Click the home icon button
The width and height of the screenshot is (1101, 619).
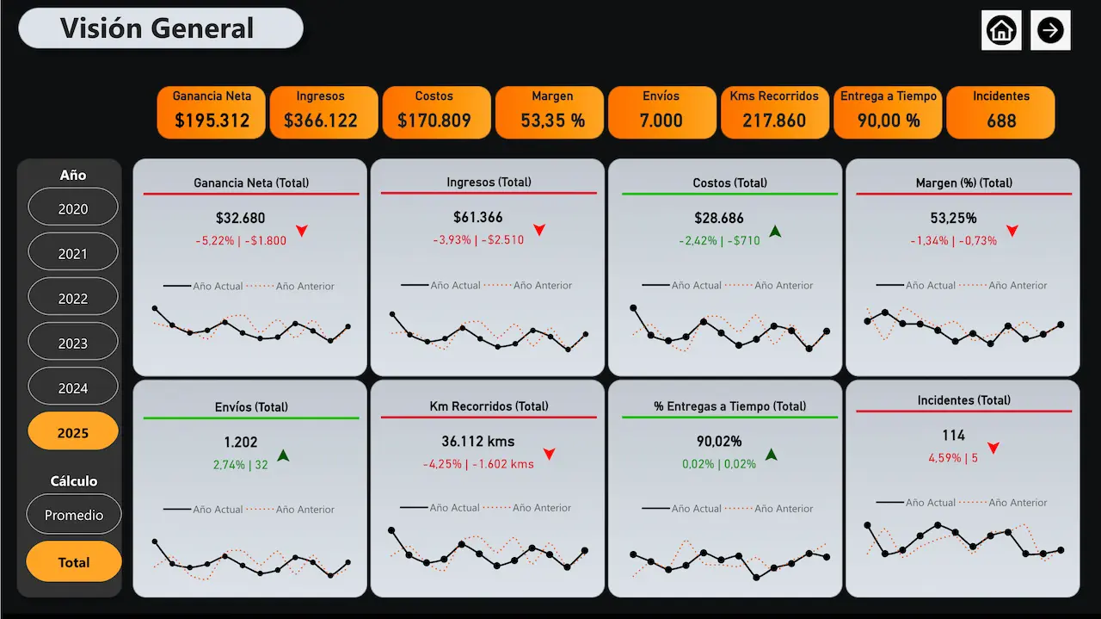tap(1001, 30)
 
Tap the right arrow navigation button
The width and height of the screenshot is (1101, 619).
tap(1050, 30)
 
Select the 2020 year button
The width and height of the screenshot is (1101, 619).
tap(73, 209)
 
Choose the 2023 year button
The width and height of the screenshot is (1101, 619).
tap(73, 344)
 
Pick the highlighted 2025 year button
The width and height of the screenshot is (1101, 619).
tap(73, 432)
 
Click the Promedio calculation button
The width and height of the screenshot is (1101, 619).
tap(74, 515)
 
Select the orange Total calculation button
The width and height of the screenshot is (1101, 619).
tap(74, 562)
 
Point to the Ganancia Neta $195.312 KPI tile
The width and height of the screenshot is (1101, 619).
tap(212, 112)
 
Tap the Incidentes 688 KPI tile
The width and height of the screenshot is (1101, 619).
tap(1000, 112)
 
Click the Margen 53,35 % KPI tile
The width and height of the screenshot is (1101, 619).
tap(551, 112)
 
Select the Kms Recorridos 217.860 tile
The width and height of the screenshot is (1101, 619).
tap(774, 112)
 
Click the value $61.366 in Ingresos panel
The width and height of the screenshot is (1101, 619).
tap(478, 218)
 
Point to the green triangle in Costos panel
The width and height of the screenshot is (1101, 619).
tap(775, 231)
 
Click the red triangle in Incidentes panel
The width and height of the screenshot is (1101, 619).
tap(993, 449)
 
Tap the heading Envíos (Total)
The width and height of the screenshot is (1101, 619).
tap(251, 406)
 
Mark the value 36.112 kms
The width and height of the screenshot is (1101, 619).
tap(478, 442)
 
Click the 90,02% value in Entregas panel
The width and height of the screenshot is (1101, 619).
tap(719, 442)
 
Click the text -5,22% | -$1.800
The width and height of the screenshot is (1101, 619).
tap(241, 240)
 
